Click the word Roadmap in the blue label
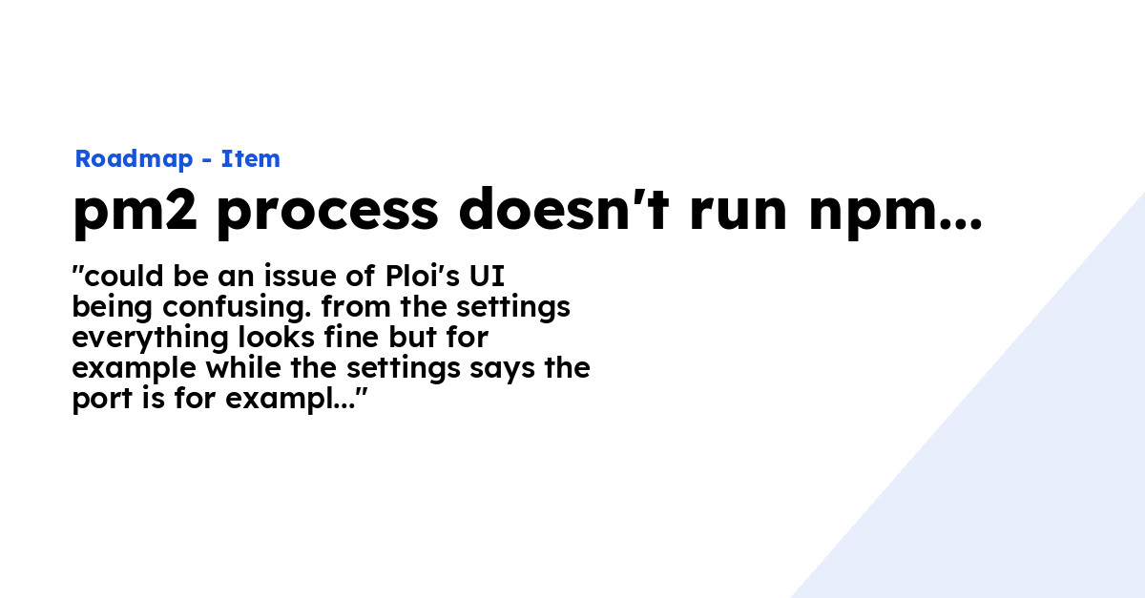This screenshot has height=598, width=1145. pyautogui.click(x=134, y=159)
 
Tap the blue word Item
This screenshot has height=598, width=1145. pyautogui.click(x=250, y=159)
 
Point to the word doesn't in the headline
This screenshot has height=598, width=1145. pyautogui.click(x=564, y=209)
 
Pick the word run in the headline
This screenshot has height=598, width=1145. pyautogui.click(x=739, y=213)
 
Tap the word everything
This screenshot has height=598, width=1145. pyautogui.click(x=150, y=339)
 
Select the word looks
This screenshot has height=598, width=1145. pyautogui.click(x=276, y=338)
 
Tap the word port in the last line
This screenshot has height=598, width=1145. pyautogui.click(x=103, y=401)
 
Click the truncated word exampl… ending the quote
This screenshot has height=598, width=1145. pyautogui.click(x=290, y=401)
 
